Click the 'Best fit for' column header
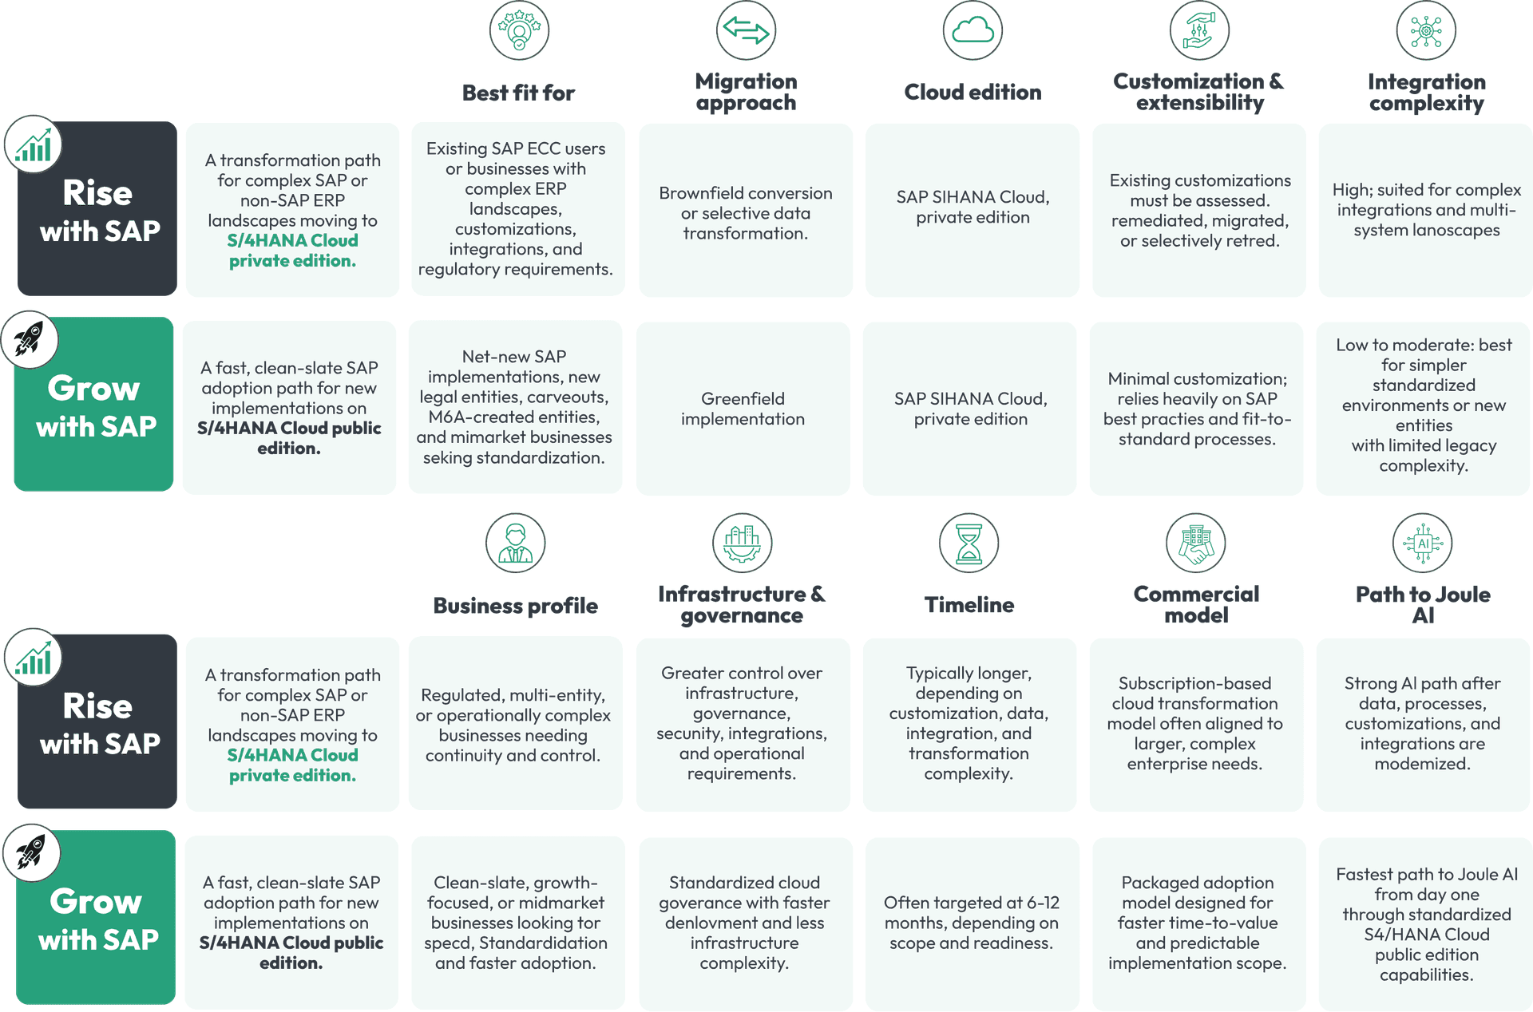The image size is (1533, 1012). point(518,93)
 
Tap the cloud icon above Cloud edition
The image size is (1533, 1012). point(972,30)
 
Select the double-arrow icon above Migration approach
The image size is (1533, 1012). point(746,30)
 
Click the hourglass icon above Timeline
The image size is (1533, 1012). point(969,544)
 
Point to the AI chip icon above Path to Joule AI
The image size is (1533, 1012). point(1423,544)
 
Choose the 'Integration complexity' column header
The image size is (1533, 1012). point(1427,93)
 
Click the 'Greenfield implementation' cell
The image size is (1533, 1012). point(743,409)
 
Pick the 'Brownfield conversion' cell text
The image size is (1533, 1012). point(746,213)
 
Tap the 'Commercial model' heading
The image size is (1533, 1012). point(1196,605)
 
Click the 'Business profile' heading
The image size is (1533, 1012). point(515,606)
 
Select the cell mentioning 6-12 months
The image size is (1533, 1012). point(972,923)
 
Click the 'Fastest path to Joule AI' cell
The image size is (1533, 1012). point(1427,924)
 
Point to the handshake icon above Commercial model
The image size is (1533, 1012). point(1196,544)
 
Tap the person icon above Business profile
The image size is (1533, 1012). point(516,544)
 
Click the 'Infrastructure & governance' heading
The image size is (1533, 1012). point(742,605)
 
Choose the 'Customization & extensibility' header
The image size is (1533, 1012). point(1199,92)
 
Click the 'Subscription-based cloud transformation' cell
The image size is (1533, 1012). point(1195,724)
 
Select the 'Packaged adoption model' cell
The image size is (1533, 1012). point(1198,923)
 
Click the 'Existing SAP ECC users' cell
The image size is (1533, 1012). point(516,209)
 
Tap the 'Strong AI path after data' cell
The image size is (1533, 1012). point(1423,724)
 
